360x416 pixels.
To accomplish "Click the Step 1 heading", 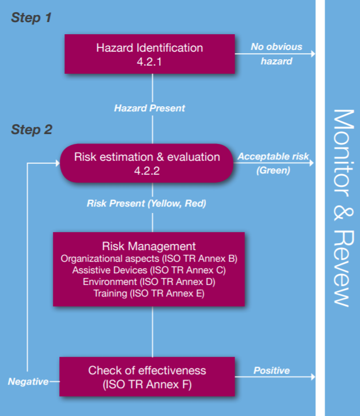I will click(x=31, y=18).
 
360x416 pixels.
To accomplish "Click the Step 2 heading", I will click(x=31, y=129).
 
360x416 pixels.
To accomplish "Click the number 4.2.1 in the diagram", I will click(x=149, y=60).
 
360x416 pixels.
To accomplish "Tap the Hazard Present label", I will click(x=150, y=108).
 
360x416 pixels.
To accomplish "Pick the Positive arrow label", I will click(x=271, y=370).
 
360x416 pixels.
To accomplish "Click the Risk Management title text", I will click(x=149, y=246).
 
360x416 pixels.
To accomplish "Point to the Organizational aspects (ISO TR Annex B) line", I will click(x=149, y=258).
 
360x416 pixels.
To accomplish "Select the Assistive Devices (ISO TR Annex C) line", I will click(x=149, y=270).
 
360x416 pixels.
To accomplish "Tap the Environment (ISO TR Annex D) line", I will click(x=149, y=281).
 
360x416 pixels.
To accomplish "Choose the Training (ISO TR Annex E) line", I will click(x=149, y=294).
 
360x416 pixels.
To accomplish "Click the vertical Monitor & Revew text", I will click(x=343, y=207).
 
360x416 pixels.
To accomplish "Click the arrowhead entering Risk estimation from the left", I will click(x=57, y=163).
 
